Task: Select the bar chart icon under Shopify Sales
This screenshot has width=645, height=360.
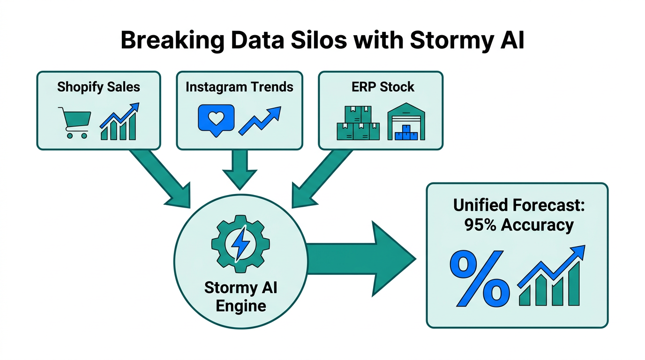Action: click(119, 122)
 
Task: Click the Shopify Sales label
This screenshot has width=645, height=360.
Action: click(98, 87)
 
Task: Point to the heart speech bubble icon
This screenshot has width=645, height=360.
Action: click(216, 120)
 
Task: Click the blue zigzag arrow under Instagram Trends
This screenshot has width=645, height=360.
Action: click(260, 121)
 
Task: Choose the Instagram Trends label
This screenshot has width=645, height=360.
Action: click(239, 87)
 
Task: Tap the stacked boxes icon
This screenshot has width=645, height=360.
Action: click(358, 123)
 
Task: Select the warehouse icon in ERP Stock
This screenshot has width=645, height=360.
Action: click(406, 122)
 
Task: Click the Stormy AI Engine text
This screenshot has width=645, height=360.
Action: click(240, 297)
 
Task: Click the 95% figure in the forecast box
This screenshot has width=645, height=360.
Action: click(481, 225)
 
